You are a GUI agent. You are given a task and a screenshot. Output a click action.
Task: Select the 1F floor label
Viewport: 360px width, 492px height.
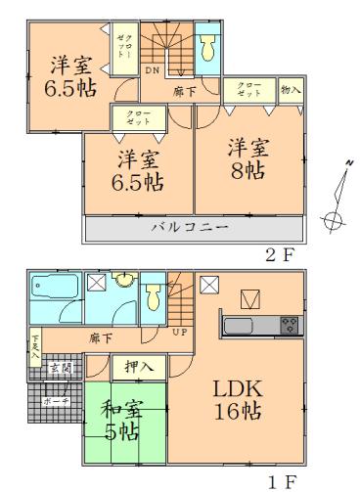[281, 480]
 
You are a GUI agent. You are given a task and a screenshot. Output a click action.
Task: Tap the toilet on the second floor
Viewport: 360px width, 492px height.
[208, 50]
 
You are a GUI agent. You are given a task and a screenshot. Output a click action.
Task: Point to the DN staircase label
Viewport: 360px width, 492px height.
[153, 70]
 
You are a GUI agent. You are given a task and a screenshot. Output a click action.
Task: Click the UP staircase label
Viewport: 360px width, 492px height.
[182, 333]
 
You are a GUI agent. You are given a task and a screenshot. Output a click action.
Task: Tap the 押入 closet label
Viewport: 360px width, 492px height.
[140, 367]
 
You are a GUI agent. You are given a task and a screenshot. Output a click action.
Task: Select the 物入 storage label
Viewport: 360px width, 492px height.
[291, 89]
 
